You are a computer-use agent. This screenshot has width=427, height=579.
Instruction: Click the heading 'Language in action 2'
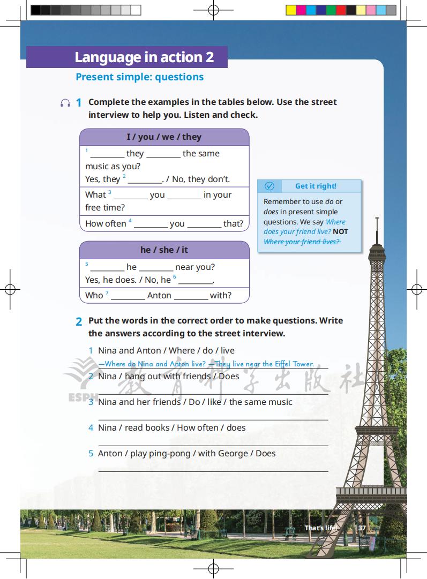[x=144, y=57]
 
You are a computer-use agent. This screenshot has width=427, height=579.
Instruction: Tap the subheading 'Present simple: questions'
[x=139, y=77]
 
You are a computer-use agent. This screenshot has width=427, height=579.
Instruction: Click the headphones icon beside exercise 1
[x=65, y=103]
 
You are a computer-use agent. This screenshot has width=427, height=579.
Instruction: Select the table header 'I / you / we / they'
[x=164, y=137]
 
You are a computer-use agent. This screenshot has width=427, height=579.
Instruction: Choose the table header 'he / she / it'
[x=164, y=250]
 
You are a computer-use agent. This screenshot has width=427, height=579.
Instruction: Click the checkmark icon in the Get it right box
[x=269, y=186]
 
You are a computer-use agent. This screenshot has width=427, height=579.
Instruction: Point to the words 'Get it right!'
[x=316, y=186]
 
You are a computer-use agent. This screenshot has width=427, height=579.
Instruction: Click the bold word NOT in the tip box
[x=340, y=231]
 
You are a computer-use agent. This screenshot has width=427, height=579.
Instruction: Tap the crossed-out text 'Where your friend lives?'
[x=302, y=242]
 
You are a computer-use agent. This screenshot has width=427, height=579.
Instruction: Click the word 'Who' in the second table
[x=94, y=295]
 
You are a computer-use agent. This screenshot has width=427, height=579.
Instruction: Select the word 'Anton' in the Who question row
[x=159, y=295]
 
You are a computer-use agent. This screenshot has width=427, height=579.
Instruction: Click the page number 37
[x=362, y=528]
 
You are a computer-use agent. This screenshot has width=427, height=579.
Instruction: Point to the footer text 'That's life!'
[x=321, y=528]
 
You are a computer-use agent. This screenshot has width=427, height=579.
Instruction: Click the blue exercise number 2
[x=79, y=322]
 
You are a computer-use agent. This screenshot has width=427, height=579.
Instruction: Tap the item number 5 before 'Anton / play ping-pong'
[x=91, y=453]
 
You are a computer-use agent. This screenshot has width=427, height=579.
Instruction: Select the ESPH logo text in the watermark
[x=79, y=397]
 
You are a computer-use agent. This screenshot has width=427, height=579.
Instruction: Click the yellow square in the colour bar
[x=290, y=10]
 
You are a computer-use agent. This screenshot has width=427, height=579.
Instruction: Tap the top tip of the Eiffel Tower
[x=377, y=219]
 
